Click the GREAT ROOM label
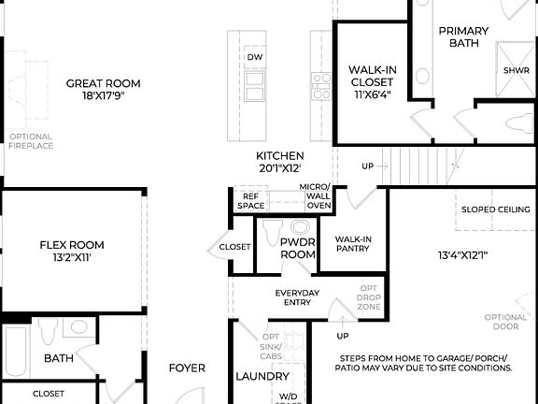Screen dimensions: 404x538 click(103, 84)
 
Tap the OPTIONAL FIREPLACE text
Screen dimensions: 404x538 click(31, 141)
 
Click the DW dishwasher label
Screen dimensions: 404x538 click(255, 58)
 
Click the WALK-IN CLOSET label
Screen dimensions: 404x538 click(371, 81)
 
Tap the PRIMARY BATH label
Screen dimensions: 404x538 click(463, 36)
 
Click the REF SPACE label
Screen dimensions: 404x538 click(250, 200)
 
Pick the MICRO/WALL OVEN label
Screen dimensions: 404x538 click(315, 196)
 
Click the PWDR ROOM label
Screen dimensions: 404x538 click(298, 248)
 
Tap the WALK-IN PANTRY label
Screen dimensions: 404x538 click(353, 243)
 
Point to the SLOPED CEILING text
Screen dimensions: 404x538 click(496, 209)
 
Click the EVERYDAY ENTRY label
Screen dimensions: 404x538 click(297, 298)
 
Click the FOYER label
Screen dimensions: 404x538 click(187, 368)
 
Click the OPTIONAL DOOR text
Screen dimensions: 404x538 click(505, 323)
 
